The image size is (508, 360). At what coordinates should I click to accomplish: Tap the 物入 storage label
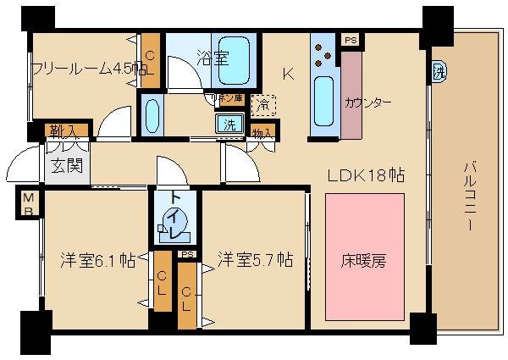point(262,132)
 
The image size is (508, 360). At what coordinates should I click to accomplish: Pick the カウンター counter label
point(367,102)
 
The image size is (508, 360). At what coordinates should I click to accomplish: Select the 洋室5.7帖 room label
point(254,258)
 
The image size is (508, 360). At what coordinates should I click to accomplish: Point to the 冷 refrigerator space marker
point(263,104)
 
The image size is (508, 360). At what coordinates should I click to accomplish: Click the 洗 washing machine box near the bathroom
point(229,124)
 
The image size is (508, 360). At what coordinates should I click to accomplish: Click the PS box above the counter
point(348,40)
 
